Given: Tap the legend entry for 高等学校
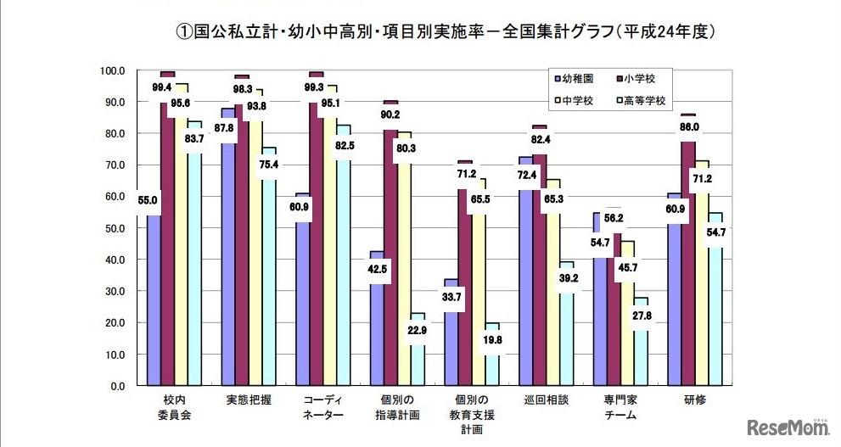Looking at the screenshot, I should tap(642, 100).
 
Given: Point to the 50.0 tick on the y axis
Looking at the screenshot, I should tap(113, 228).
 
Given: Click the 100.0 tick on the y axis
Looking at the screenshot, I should tap(111, 70).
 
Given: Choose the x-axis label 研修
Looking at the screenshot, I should tap(695, 400).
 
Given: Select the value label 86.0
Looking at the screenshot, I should tap(687, 127).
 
